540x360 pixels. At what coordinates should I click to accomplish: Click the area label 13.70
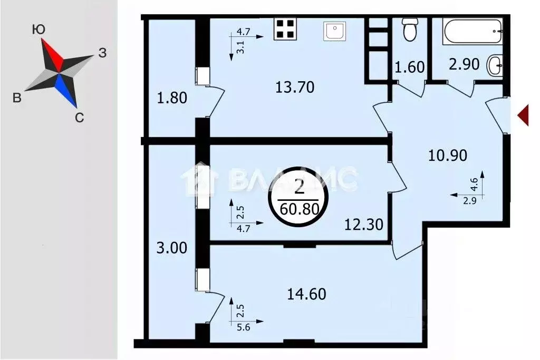(295, 87)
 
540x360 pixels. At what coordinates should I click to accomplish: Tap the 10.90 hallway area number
(447, 155)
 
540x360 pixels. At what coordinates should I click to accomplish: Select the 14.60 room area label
(306, 294)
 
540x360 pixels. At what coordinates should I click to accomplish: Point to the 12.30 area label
(364, 225)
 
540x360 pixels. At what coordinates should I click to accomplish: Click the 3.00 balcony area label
(171, 248)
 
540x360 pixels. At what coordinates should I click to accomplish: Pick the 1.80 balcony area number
(172, 98)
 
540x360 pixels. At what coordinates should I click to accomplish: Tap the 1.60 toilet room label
(409, 67)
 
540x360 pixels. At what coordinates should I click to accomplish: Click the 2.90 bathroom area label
(464, 64)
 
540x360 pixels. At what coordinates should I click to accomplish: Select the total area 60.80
(300, 209)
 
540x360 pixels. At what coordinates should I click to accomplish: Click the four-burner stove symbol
(285, 29)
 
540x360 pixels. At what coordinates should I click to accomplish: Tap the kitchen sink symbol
(334, 31)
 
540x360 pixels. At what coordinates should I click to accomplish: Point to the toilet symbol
(410, 30)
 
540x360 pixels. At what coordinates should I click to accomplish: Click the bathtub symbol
(472, 31)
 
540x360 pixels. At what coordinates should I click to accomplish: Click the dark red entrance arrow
(523, 115)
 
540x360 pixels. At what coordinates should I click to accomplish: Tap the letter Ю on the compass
(38, 30)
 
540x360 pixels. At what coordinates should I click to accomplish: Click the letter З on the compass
(102, 53)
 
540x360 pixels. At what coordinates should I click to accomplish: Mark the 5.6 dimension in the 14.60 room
(244, 327)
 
